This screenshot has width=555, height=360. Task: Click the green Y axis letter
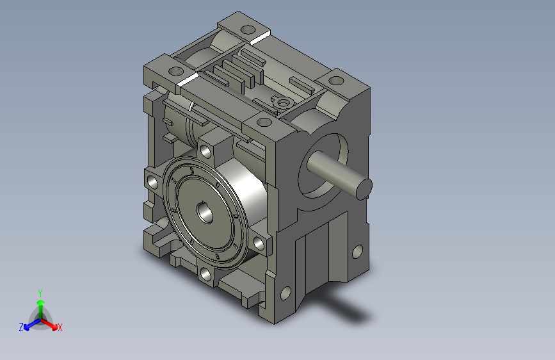(x=40, y=293)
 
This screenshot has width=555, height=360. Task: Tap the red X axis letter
(x=60, y=327)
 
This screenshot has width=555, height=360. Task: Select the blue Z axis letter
(x=21, y=327)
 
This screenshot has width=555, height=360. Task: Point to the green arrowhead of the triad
(x=41, y=303)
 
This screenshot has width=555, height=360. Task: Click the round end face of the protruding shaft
(x=364, y=190)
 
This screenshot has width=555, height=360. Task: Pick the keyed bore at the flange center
(x=205, y=212)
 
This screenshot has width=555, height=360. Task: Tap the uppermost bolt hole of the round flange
(x=205, y=151)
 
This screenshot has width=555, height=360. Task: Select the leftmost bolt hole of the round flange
(x=153, y=182)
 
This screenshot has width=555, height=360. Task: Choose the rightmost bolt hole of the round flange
(x=259, y=243)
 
